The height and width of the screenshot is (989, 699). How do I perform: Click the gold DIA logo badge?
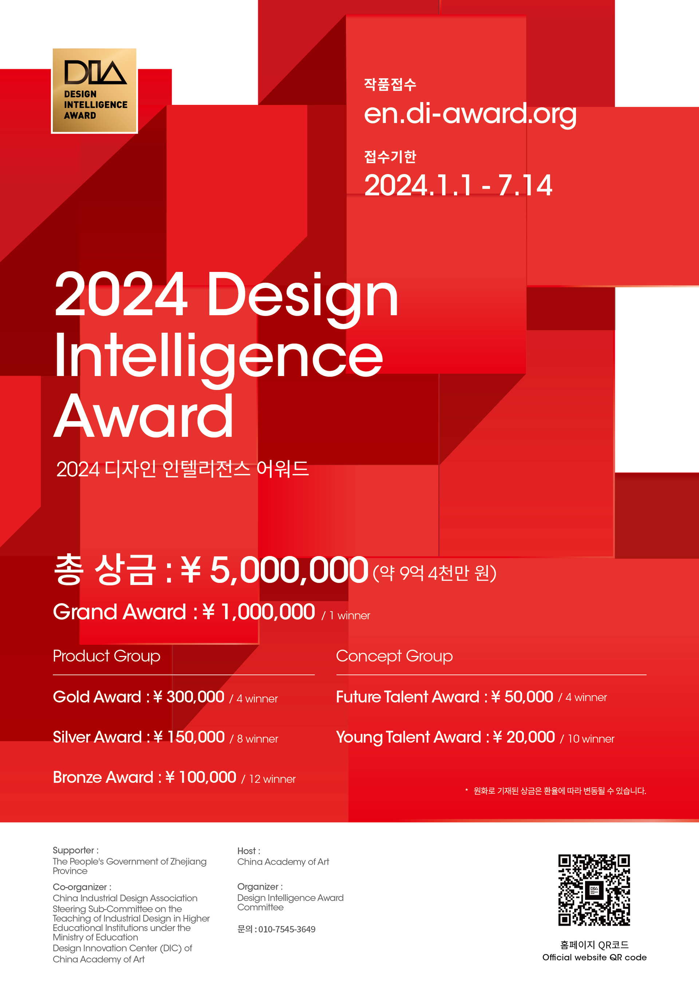(94, 91)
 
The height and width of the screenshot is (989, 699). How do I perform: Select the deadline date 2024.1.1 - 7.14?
(458, 185)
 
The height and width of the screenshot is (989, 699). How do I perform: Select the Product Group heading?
(106, 656)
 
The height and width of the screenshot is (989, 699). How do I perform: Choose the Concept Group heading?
(394, 656)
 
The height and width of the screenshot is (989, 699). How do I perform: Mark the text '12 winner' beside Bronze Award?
(272, 779)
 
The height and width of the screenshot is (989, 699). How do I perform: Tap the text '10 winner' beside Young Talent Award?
(591, 739)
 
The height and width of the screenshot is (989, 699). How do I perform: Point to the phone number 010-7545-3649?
(287, 930)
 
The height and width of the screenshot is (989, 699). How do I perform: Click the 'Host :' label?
(249, 851)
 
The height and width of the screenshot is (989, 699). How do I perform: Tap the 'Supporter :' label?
(75, 850)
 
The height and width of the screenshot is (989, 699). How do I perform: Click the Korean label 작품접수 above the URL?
(390, 84)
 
